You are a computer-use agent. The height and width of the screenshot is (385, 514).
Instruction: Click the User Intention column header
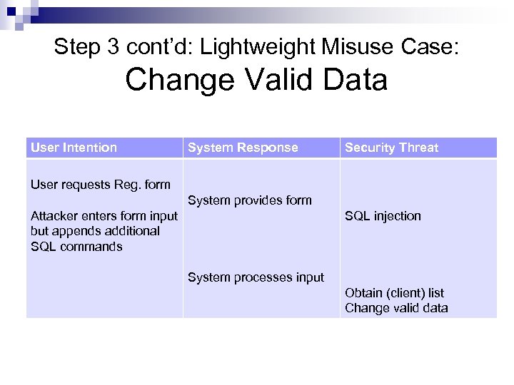click(x=74, y=148)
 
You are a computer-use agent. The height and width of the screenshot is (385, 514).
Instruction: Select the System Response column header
click(x=243, y=148)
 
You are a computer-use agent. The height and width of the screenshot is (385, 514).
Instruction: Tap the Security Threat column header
click(x=391, y=148)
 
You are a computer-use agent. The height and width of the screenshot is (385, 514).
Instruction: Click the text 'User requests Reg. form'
click(x=101, y=185)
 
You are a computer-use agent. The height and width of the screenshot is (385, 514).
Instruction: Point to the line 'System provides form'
click(x=249, y=200)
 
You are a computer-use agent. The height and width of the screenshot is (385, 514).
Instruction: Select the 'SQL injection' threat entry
click(x=383, y=216)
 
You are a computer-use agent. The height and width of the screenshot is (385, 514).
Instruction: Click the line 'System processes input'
click(x=256, y=277)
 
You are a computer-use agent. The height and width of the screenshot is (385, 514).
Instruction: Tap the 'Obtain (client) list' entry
click(x=394, y=293)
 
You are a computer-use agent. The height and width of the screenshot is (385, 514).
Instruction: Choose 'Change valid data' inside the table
click(x=396, y=308)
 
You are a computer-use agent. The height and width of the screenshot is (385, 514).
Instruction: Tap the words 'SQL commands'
click(x=76, y=247)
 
